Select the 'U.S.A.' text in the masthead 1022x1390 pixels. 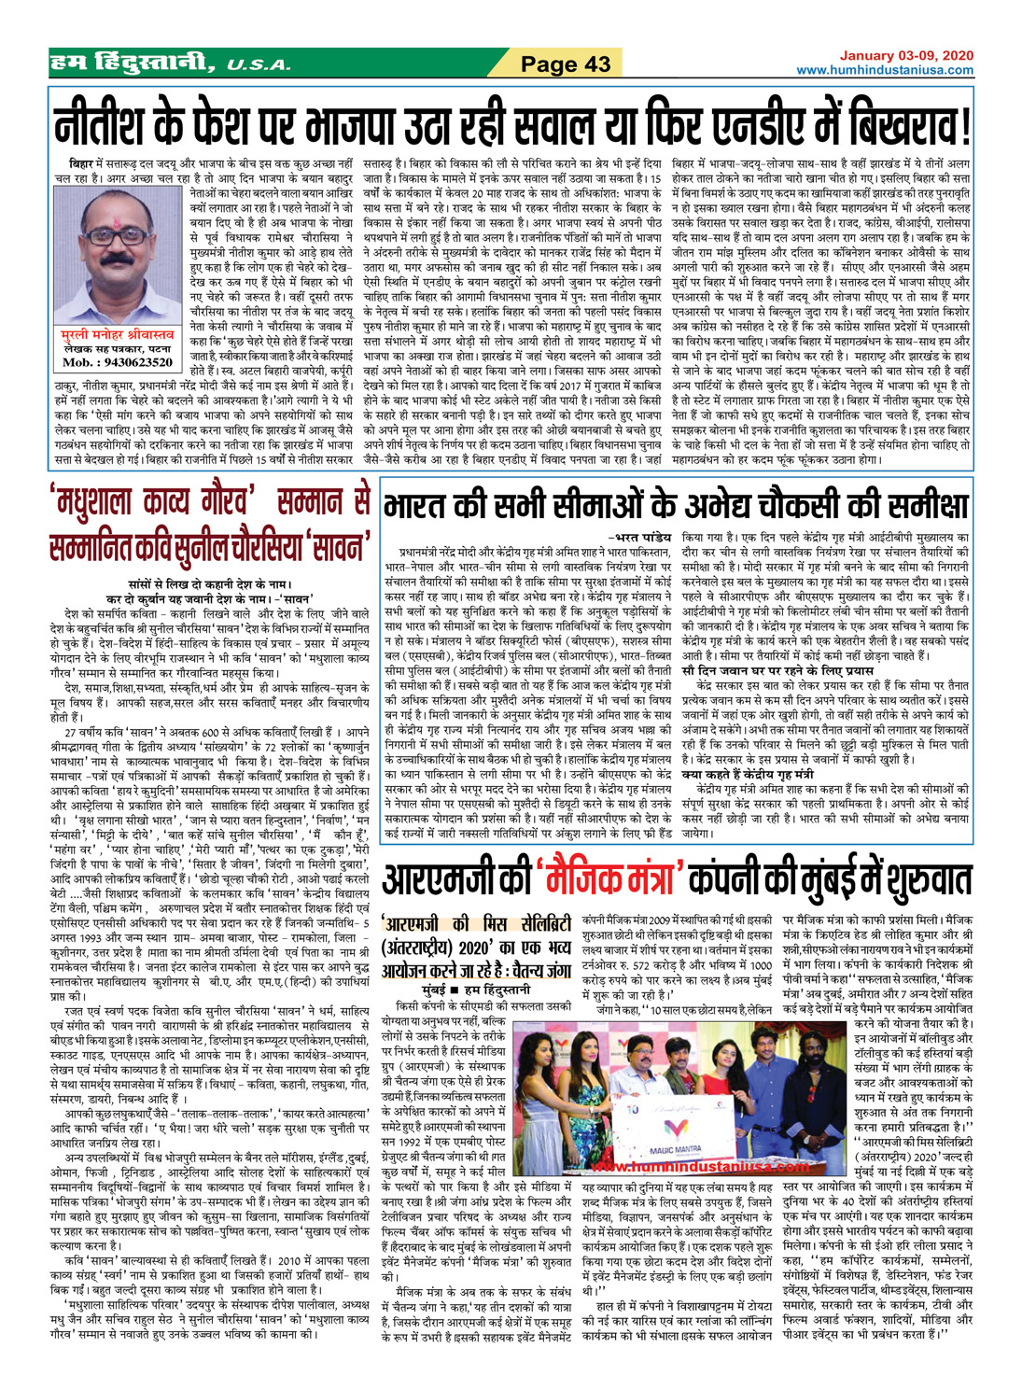click(x=258, y=65)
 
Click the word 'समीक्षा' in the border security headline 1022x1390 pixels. click(x=911, y=505)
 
